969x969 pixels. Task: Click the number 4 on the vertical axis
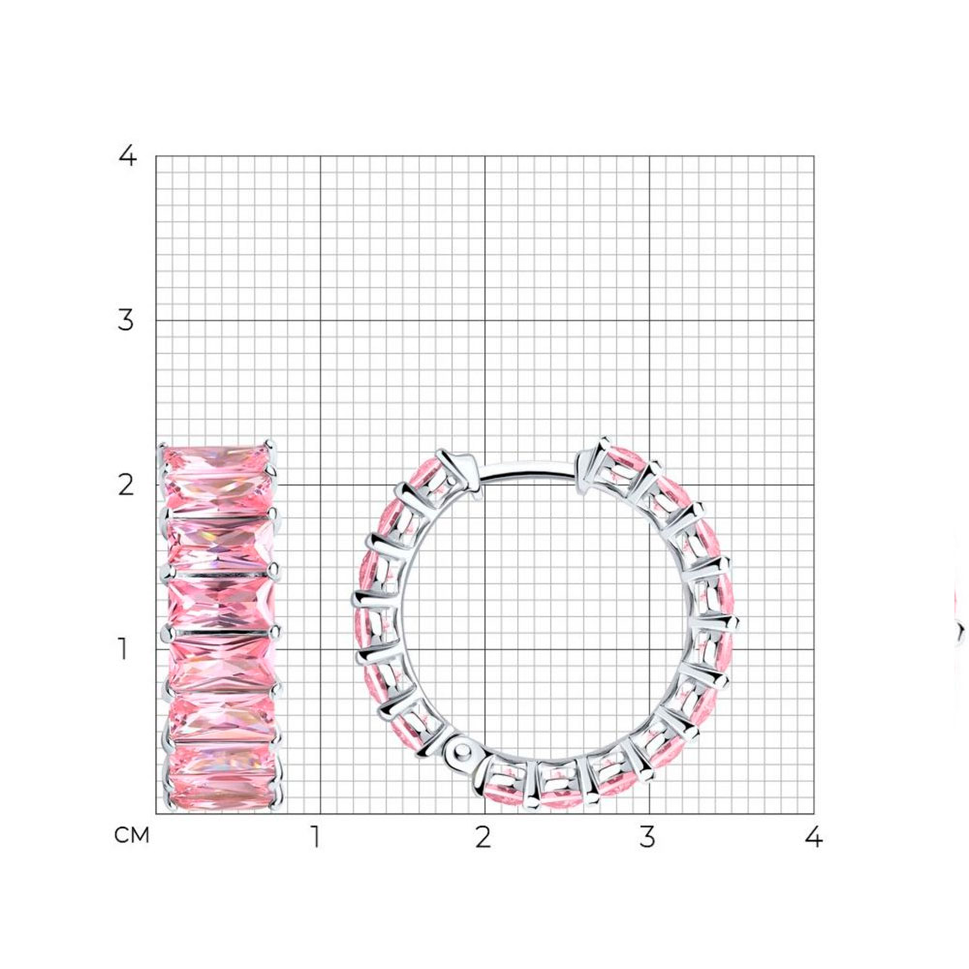[x=127, y=156]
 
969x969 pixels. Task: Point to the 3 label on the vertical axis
[x=125, y=320]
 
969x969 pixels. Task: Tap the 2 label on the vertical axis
[x=125, y=485]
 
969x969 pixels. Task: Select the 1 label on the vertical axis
[x=124, y=649]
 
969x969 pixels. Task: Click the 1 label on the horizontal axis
[x=316, y=837]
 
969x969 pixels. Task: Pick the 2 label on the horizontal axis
[x=484, y=837]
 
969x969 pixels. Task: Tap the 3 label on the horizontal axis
[x=647, y=837]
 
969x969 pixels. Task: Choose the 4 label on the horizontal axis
[x=814, y=837]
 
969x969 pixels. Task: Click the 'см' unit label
[x=132, y=835]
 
